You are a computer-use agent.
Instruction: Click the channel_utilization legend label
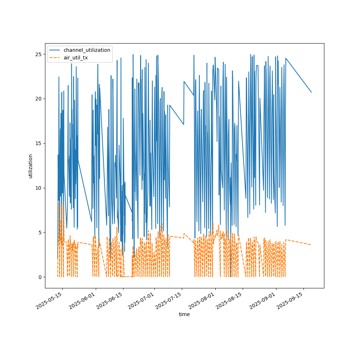coord(87,50)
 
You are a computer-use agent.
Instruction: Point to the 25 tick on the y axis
coord(39,54)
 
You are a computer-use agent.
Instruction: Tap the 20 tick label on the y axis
coord(39,99)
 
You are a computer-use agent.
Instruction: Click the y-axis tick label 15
coord(39,143)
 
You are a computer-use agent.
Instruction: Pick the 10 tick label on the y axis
coord(39,188)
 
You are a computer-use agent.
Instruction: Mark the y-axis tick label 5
coord(40,233)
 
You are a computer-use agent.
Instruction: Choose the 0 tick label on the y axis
coord(40,277)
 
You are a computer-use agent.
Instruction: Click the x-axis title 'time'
coord(184,314)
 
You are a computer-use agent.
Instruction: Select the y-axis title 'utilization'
coord(31,166)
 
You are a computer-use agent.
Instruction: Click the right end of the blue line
coord(311,92)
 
